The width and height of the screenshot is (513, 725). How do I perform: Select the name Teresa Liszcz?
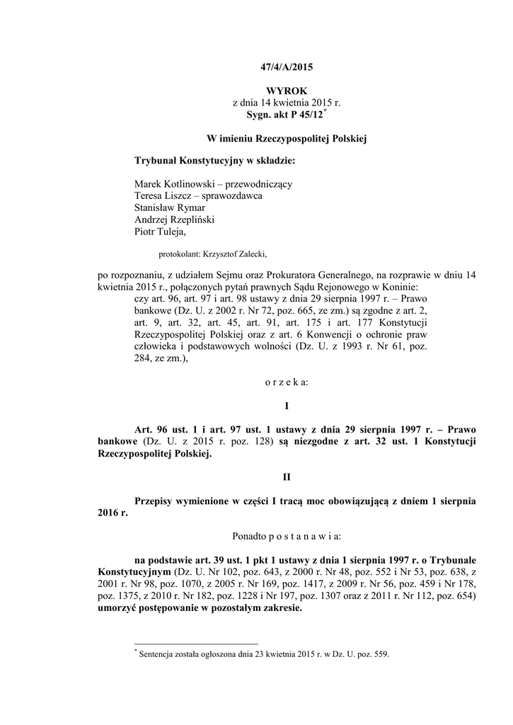(163, 195)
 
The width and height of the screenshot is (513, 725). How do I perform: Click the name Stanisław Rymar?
(170, 207)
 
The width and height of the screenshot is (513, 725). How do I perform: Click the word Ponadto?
(249, 537)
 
